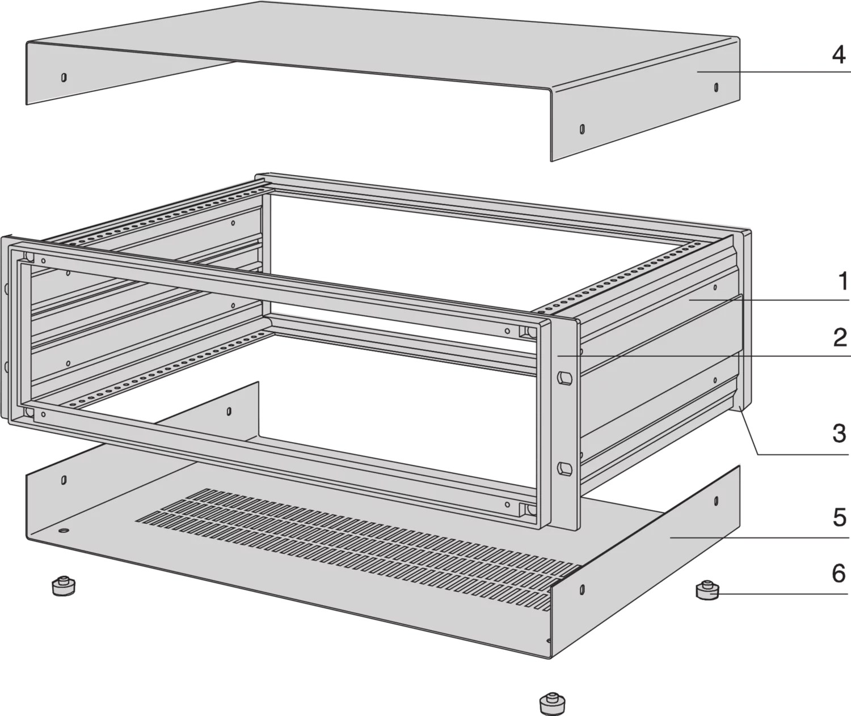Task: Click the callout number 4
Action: pos(838,55)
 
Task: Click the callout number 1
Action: pos(841,281)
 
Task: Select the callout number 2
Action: pos(839,338)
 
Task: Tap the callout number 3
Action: pos(839,433)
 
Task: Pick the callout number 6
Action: pos(839,574)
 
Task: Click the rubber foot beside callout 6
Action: pos(707,591)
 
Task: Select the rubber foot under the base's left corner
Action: pos(64,586)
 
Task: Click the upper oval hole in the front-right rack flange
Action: pos(565,378)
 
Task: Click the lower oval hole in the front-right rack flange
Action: pos(565,468)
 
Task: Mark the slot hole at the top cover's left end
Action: pos(64,78)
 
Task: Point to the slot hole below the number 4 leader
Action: pos(716,87)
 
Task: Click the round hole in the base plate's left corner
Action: pos(64,531)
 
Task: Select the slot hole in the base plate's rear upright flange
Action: pos(229,411)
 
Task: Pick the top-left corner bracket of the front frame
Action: pos(28,256)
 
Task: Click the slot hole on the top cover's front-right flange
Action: pos(582,129)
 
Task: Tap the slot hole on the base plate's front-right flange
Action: pos(582,588)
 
